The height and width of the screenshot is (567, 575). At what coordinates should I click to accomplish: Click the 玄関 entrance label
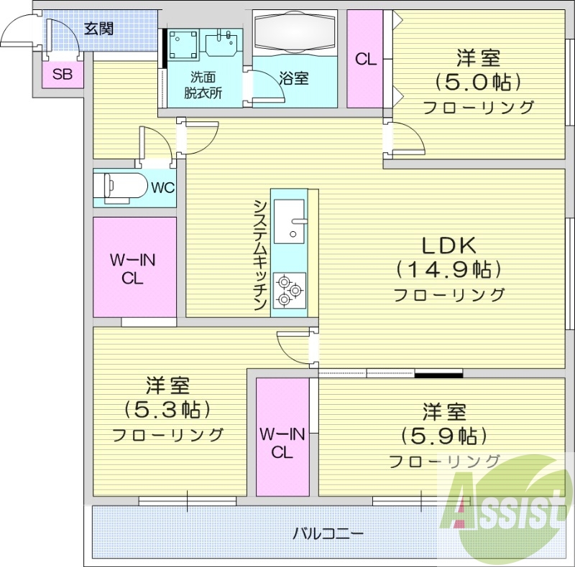coord(98,29)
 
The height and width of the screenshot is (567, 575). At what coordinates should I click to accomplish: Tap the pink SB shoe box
coord(61,73)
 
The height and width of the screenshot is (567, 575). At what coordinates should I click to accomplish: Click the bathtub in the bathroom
coord(295,33)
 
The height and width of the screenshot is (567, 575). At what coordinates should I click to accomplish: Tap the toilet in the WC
coord(118,187)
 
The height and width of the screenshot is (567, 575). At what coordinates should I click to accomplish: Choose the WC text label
coord(162,188)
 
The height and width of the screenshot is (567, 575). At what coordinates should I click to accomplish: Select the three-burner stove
coord(290,291)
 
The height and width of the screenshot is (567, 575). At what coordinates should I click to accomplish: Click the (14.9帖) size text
coord(447,269)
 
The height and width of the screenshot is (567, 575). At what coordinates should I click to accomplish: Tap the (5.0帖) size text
coord(478,82)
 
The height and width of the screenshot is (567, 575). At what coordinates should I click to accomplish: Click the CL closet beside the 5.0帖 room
coord(366,59)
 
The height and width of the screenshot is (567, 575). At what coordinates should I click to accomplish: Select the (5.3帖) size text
coord(167,410)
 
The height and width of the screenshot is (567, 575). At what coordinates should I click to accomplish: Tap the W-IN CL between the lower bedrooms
coord(282,443)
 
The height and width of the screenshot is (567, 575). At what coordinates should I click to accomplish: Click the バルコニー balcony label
coord(328,534)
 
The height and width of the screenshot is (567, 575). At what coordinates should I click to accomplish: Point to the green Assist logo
coord(507,507)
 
